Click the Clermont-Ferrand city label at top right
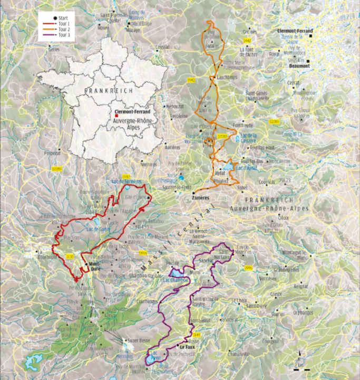pyautogui.click(x=295, y=31)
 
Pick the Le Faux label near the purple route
pyautogui.click(x=188, y=347)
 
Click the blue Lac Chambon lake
pyautogui.click(x=176, y=274)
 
